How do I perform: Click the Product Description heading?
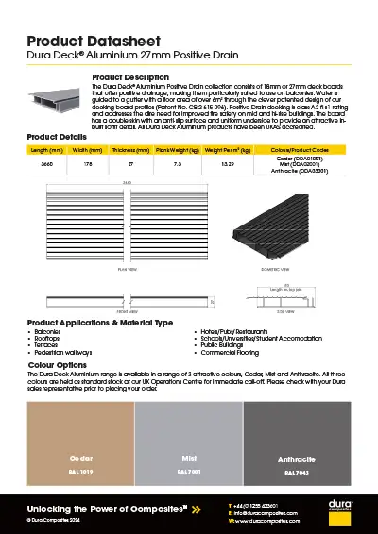129,76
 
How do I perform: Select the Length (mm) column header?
46,149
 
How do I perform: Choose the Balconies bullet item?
47,333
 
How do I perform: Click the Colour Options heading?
58,363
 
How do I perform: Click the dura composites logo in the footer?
341,513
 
